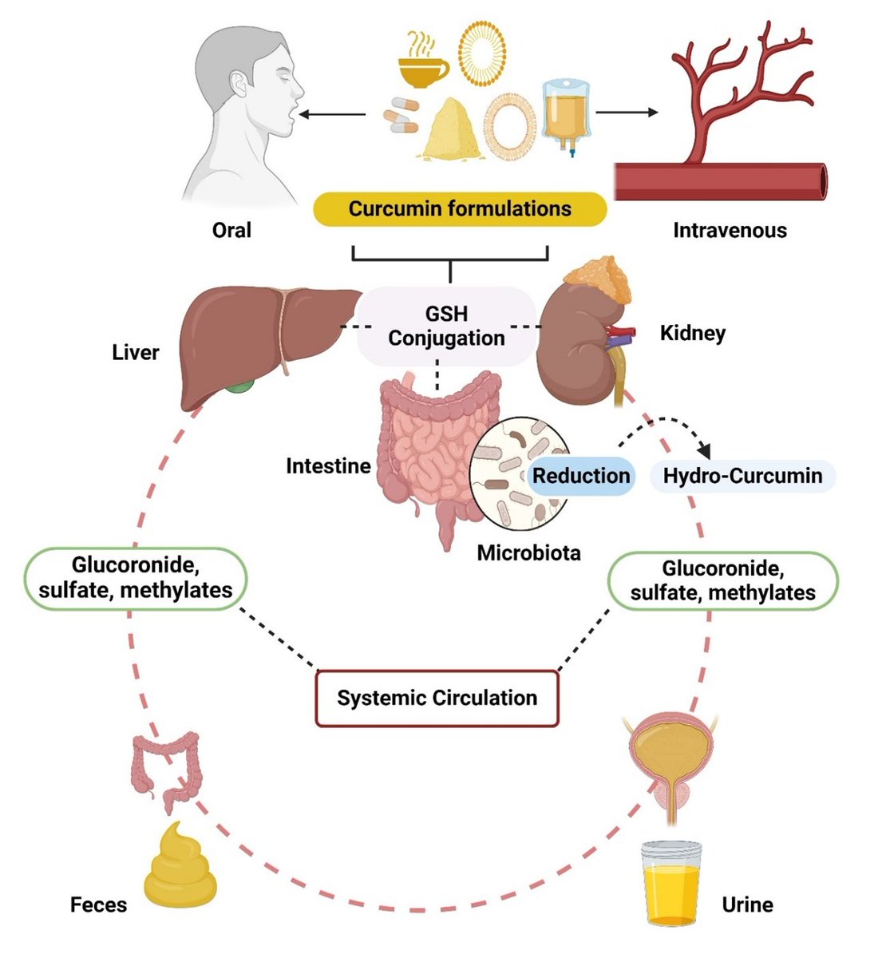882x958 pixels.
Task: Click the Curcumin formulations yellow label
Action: pyautogui.click(x=460, y=209)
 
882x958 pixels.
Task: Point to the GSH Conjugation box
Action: pyautogui.click(x=446, y=327)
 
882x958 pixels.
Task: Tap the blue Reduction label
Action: pyautogui.click(x=581, y=477)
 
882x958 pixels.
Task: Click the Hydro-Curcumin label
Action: pyautogui.click(x=742, y=477)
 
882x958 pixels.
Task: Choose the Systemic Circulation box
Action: pyautogui.click(x=437, y=698)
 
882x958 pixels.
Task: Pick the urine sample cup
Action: pyautogui.click(x=670, y=882)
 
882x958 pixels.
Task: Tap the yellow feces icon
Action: pyautogui.click(x=180, y=866)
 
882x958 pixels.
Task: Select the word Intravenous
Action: pyautogui.click(x=730, y=231)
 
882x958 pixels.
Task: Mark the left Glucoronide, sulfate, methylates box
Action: pyautogui.click(x=136, y=578)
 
